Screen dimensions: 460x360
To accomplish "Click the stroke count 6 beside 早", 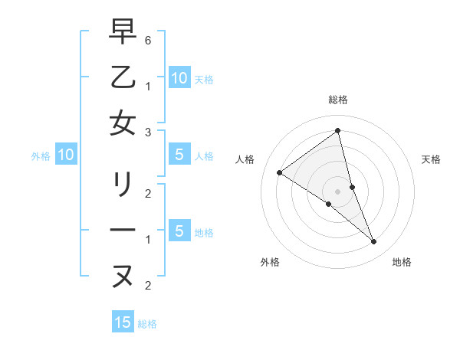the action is tap(147, 39).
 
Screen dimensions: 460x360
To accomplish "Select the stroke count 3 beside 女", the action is tap(147, 133).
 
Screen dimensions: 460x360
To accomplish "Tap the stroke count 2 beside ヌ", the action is tap(147, 286).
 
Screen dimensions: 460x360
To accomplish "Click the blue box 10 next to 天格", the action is tap(179, 77).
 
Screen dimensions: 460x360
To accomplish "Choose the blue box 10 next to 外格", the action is tap(65, 155).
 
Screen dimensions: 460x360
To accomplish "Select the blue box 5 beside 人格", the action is tap(179, 155).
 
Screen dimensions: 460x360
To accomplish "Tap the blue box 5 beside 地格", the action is tap(179, 231).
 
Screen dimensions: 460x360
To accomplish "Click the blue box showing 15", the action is tap(123, 322).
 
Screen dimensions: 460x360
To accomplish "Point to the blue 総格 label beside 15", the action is tap(147, 324).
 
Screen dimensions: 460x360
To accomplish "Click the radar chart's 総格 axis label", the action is tap(337, 100).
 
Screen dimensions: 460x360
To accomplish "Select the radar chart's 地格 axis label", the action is tap(402, 262).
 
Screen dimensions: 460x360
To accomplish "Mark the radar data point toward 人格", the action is tap(279, 172).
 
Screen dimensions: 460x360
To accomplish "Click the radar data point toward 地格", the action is tap(373, 242).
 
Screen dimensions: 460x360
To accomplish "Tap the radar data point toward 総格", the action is tap(337, 131).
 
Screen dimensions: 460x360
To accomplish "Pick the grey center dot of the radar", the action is tap(337, 191).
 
